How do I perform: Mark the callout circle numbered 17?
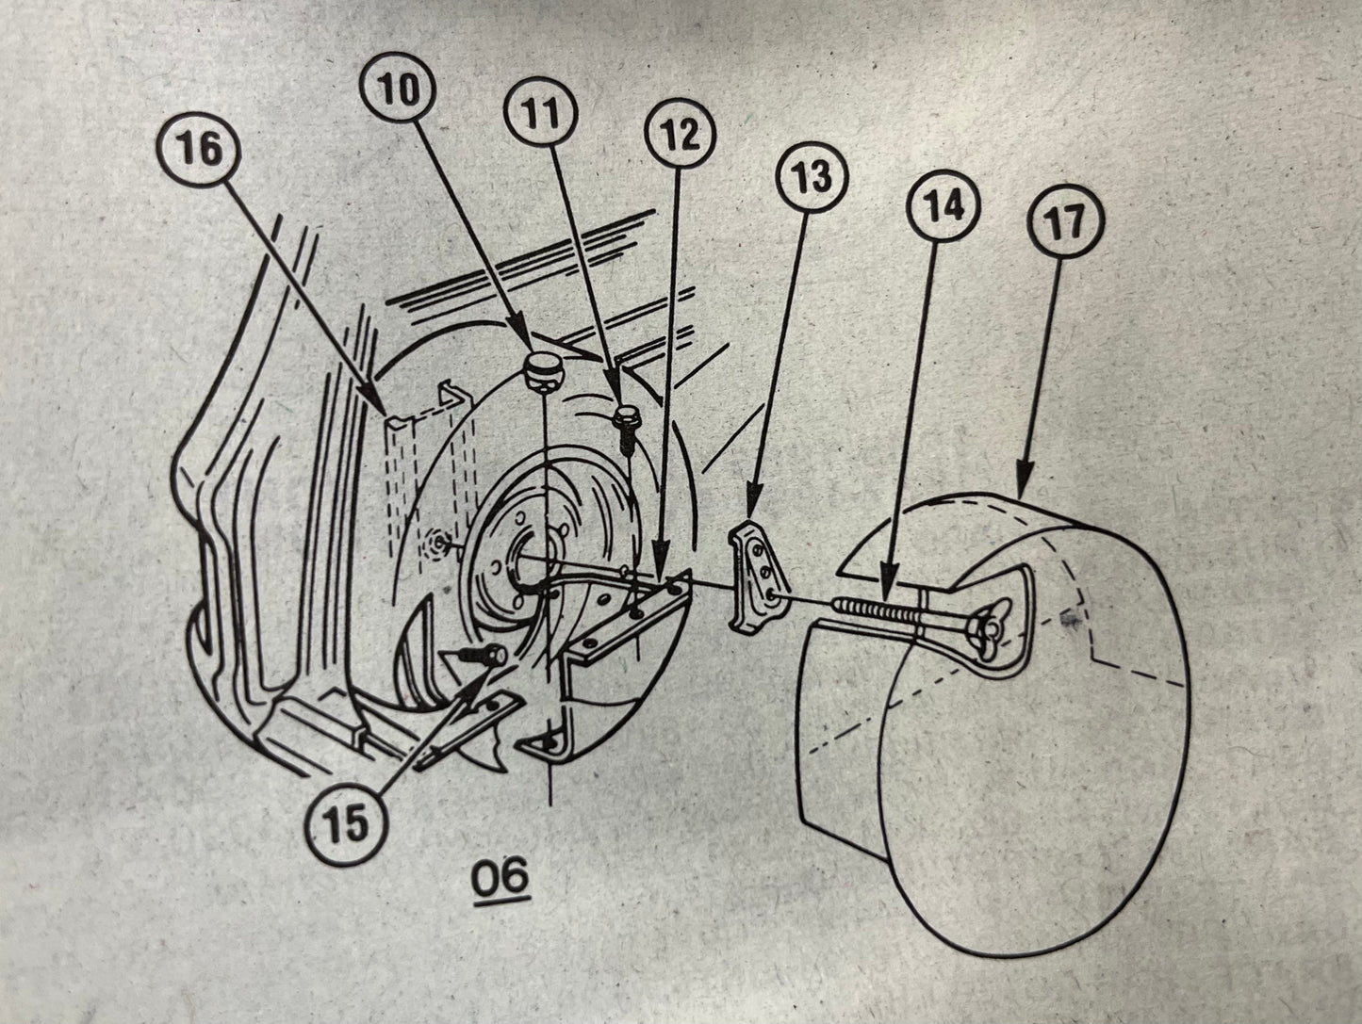point(1066,223)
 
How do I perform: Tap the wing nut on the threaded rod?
point(991,628)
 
